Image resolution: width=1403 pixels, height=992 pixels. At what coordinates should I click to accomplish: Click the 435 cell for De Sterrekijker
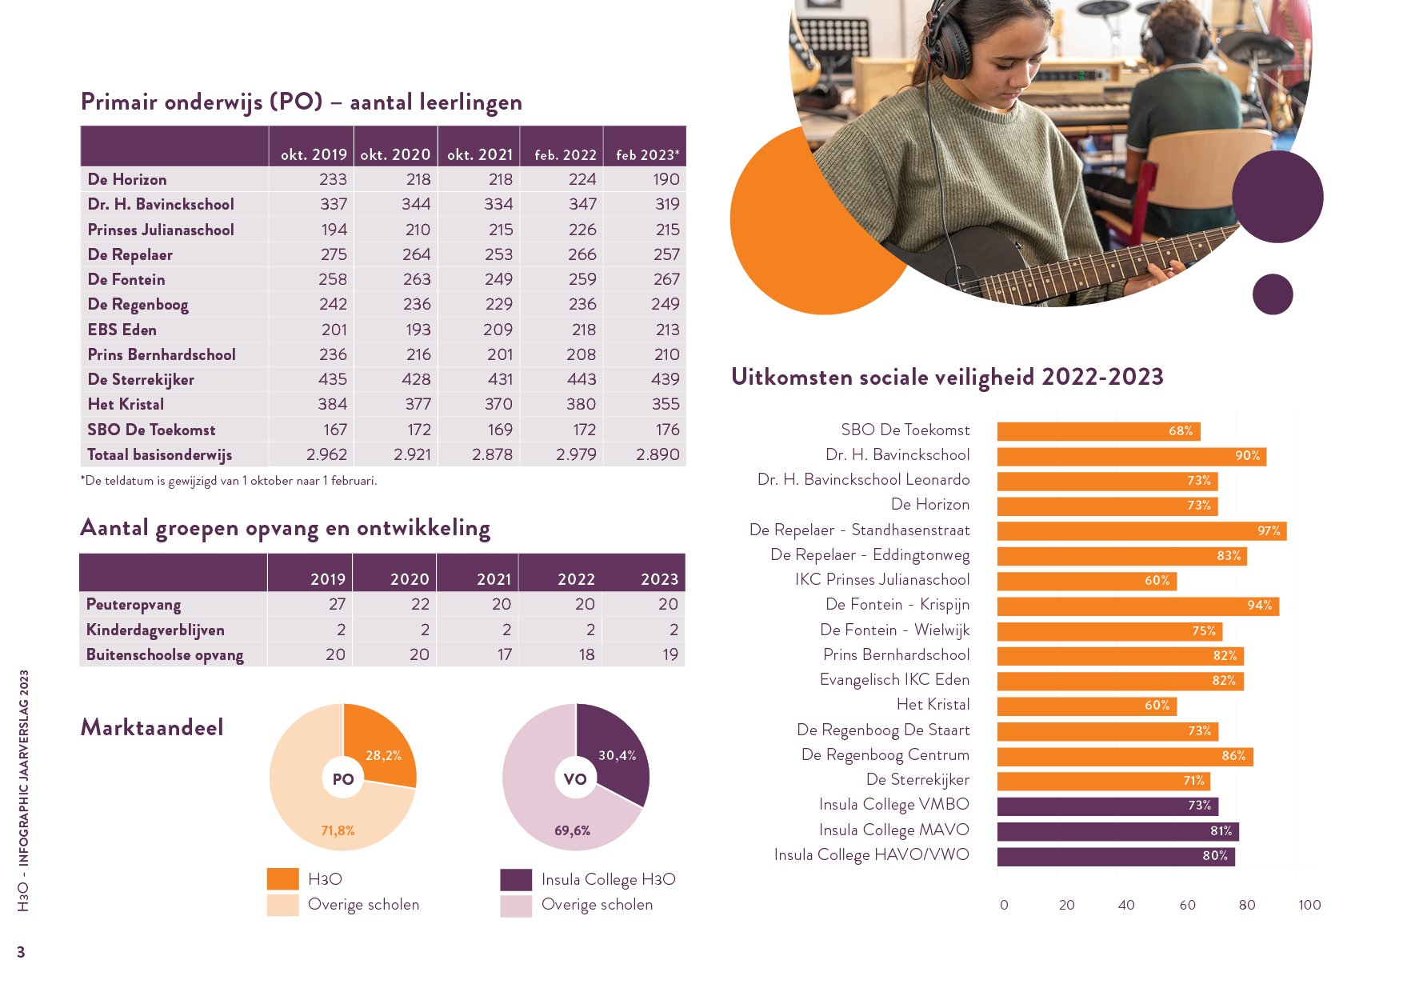click(332, 379)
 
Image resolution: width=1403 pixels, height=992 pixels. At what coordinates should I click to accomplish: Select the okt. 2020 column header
click(395, 154)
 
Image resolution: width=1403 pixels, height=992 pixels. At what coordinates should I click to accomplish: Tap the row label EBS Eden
click(122, 330)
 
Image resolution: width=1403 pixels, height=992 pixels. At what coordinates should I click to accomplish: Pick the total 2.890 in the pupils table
click(658, 454)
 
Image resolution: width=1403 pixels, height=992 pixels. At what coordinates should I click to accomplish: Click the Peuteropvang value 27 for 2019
click(337, 604)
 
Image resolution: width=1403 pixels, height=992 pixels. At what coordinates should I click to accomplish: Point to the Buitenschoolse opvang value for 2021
click(504, 654)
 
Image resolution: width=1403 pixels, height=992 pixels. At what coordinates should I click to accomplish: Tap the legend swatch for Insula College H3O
click(516, 879)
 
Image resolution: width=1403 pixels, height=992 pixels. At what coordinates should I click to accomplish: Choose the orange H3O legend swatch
click(282, 879)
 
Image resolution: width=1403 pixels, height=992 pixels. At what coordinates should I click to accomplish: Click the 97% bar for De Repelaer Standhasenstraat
click(1141, 530)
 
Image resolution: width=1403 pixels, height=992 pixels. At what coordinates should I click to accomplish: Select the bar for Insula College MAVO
click(1117, 831)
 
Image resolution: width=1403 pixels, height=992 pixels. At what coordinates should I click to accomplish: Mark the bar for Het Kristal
click(1086, 706)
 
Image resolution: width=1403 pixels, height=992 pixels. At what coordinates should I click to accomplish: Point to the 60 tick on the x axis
click(1187, 905)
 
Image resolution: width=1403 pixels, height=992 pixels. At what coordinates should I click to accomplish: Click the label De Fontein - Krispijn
click(897, 605)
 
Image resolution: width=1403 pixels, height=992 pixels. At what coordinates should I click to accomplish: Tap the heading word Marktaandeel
click(152, 727)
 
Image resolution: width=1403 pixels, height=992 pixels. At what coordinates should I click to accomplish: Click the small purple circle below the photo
click(1273, 294)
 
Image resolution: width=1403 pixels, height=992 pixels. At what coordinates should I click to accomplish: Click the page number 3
click(22, 952)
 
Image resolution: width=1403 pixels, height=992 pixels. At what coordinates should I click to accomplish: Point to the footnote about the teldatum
click(229, 481)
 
